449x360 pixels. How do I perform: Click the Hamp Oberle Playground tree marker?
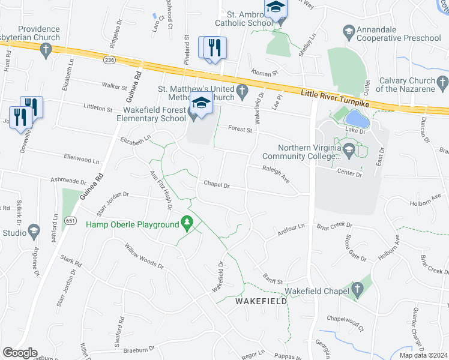point(187,223)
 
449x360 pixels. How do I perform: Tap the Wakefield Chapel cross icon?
point(357,290)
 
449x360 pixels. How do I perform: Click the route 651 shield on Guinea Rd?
point(71,220)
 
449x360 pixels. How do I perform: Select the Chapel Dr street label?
point(217,185)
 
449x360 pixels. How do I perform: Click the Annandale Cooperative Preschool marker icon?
point(348,30)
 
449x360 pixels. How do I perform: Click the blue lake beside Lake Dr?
point(354,116)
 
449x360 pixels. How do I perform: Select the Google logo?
point(20,353)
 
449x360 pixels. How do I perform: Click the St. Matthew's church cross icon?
point(242,92)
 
